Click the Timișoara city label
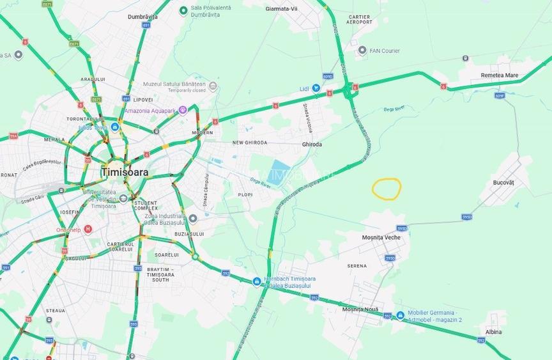(125, 172)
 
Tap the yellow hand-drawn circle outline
(387, 188)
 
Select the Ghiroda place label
(312, 145)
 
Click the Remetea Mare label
(499, 75)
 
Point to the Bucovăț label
(503, 182)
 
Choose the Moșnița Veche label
(381, 237)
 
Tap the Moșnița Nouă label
(360, 309)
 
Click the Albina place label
(493, 332)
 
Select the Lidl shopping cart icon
(316, 88)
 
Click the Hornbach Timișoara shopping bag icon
(256, 281)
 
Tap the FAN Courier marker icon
(362, 50)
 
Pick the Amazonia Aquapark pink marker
(182, 110)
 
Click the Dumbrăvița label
(142, 17)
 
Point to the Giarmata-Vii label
(282, 9)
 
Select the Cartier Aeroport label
(359, 19)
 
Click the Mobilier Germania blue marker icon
(401, 315)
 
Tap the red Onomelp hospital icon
(88, 230)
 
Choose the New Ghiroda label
(250, 143)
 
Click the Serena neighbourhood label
(357, 266)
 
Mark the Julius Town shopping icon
(115, 127)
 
